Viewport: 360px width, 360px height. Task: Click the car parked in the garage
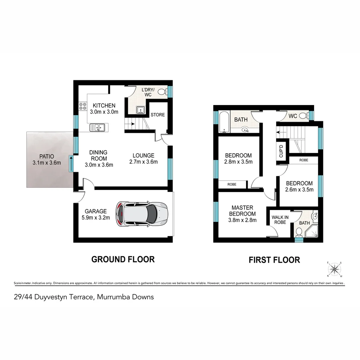pos(141,214)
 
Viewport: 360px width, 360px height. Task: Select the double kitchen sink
pos(97,127)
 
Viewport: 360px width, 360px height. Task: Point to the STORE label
pos(158,115)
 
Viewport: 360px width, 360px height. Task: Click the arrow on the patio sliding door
pos(71,163)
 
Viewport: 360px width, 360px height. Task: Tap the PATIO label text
pos(46,156)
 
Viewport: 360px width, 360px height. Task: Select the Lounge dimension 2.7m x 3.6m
pos(143,162)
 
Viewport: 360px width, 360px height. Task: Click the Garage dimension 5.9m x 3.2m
pos(96,218)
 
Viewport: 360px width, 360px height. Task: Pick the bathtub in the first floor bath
pos(224,122)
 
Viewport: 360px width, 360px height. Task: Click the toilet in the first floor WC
pos(303,116)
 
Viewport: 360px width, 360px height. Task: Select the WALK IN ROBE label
pos(280,220)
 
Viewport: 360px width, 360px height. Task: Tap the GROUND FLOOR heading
pos(123,259)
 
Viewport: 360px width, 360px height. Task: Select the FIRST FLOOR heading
pos(274,260)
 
